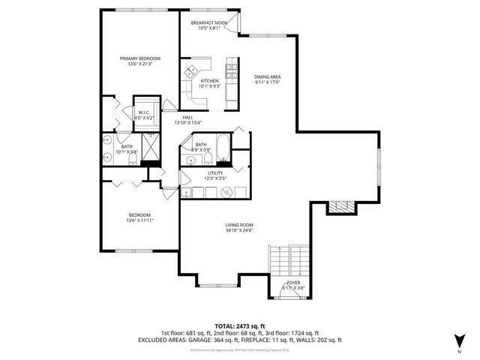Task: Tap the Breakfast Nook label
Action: point(208,22)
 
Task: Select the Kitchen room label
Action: point(209,80)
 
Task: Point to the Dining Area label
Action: point(266,76)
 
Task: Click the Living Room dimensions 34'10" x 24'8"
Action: point(239,230)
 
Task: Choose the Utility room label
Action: point(215,173)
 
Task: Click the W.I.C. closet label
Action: point(144,113)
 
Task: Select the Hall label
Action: point(187,117)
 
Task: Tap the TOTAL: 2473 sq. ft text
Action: point(239,325)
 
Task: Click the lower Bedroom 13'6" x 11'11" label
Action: point(139,217)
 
